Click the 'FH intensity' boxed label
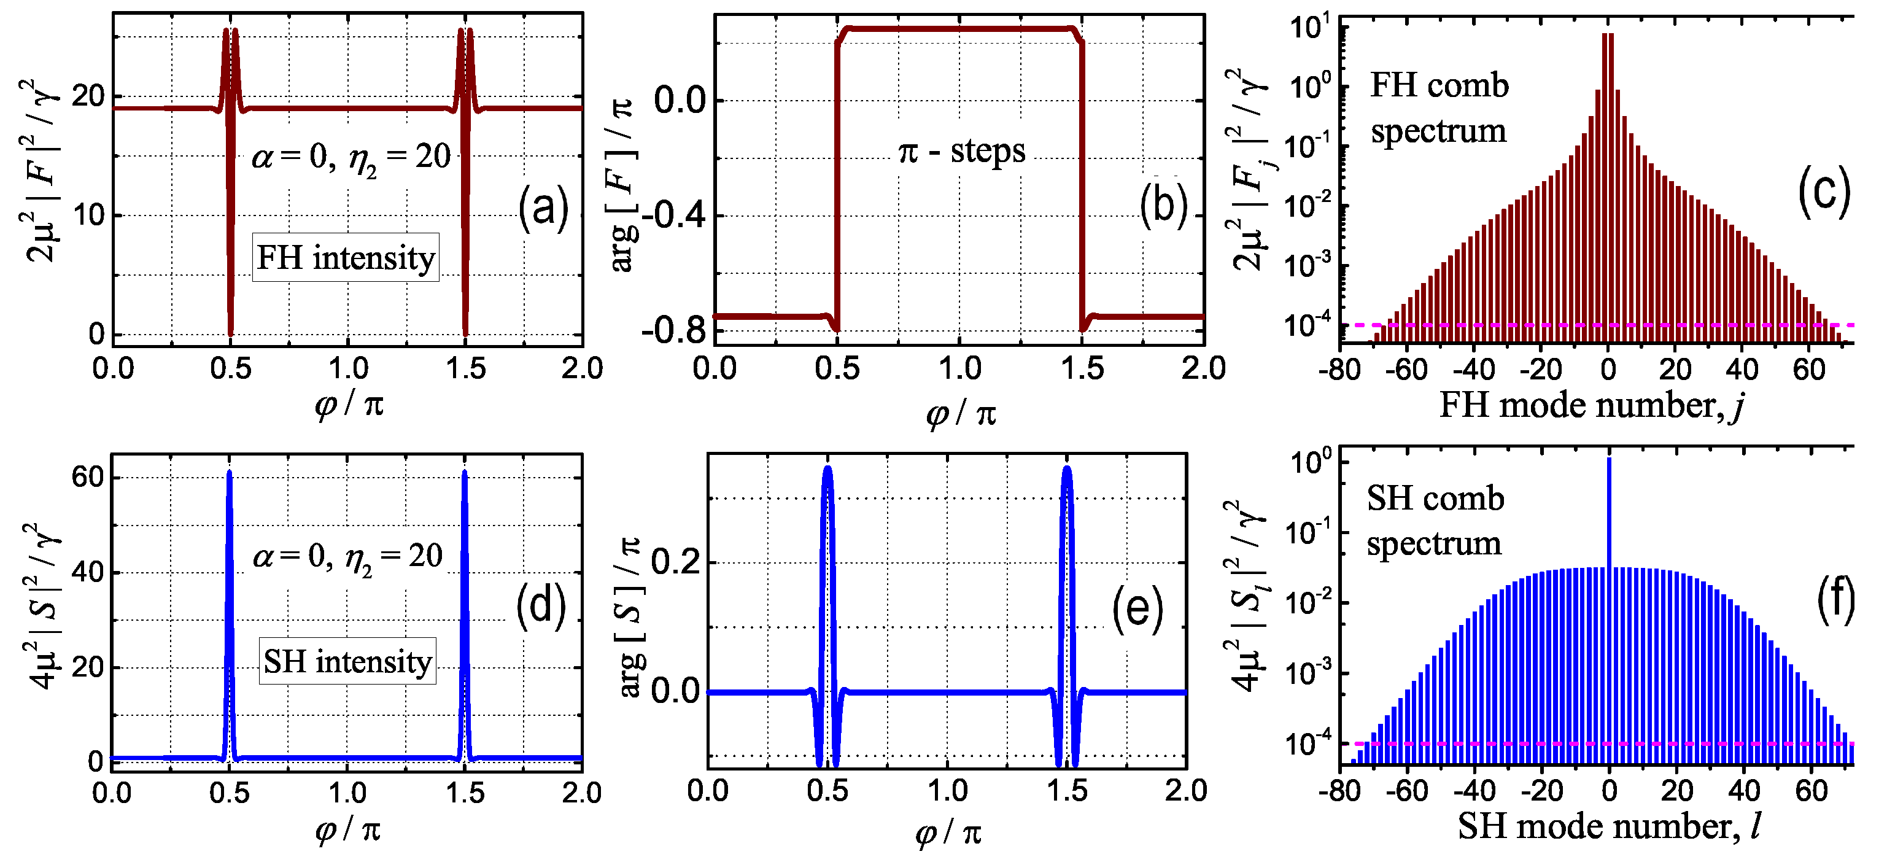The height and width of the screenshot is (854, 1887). (346, 258)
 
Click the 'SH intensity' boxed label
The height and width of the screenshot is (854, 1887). (347, 661)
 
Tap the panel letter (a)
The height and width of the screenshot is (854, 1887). (543, 208)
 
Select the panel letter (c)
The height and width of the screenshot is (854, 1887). (1824, 193)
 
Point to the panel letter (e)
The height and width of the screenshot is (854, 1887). (1137, 610)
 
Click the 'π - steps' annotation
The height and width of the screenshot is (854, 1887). (962, 152)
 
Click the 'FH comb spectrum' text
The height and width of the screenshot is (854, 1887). (1439, 109)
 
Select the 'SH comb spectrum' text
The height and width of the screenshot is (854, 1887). (1435, 521)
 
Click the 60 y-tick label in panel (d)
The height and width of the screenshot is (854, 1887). (88, 478)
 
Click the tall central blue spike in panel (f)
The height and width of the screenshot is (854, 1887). (1609, 513)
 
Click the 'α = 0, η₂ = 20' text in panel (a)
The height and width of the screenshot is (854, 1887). (352, 157)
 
